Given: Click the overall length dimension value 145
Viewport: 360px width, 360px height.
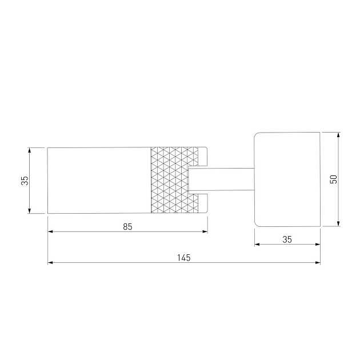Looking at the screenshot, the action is (183, 258).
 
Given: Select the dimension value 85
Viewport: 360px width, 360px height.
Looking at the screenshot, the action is (127, 227).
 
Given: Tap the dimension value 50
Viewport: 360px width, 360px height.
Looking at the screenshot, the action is (333, 179).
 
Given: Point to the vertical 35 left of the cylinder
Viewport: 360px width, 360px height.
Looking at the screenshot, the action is (25, 181).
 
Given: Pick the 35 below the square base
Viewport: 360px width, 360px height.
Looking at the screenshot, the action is (287, 239).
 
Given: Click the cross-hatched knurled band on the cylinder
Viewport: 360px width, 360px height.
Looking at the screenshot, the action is (174, 180).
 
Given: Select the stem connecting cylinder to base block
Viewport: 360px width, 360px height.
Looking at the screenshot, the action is (221, 179).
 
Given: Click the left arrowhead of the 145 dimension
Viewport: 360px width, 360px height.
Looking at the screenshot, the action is (50, 262).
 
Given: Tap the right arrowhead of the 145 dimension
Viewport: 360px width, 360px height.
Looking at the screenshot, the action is (318, 262).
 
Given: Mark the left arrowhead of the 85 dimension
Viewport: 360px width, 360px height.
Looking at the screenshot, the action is (50, 231).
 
